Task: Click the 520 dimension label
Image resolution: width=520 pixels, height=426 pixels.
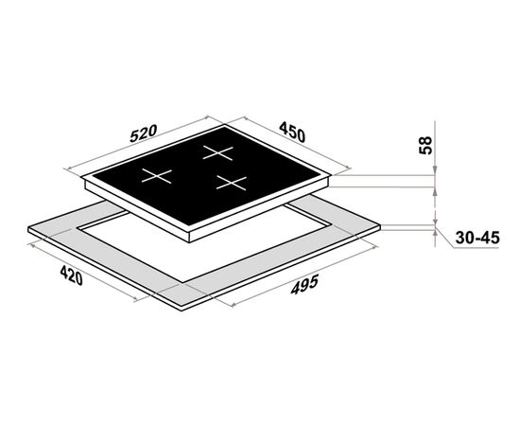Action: point(143,133)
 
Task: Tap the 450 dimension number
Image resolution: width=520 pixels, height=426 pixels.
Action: point(292,132)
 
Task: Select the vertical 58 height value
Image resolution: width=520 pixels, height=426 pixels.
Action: point(425,145)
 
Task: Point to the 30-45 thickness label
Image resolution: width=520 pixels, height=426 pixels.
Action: point(477,238)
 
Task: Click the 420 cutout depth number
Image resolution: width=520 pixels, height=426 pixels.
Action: point(71,275)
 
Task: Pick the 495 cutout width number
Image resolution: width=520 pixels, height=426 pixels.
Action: point(304,284)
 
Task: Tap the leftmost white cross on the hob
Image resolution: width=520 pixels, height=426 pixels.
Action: point(157,176)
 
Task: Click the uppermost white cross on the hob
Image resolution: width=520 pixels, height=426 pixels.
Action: point(217,152)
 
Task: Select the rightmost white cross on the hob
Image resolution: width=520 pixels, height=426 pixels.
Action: point(232,183)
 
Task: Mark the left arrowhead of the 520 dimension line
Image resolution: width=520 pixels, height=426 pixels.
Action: point(67,169)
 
